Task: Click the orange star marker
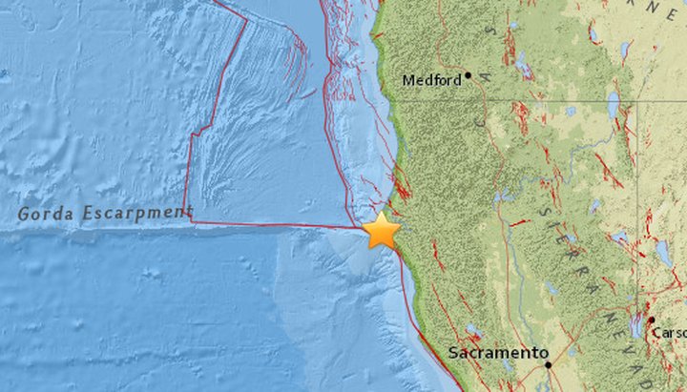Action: (x=382, y=230)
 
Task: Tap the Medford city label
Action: (x=430, y=80)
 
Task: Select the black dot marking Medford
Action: (x=468, y=74)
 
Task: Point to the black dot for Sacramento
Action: (x=548, y=363)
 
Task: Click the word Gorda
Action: (x=49, y=213)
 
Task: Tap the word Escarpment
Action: (x=138, y=212)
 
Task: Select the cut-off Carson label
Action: (x=669, y=332)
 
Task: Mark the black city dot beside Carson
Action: (x=651, y=320)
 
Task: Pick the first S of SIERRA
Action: (x=540, y=211)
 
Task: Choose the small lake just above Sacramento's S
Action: (x=472, y=331)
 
